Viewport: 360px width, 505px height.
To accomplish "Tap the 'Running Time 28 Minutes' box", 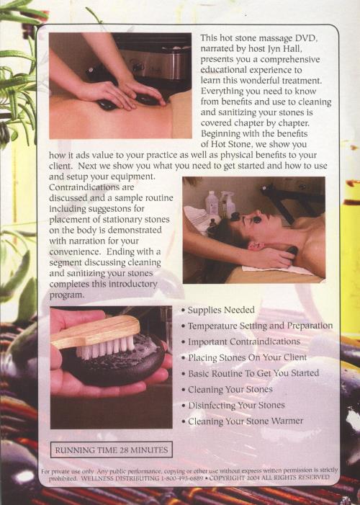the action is pyautogui.click(x=112, y=450).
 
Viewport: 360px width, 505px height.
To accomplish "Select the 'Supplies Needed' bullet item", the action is pyautogui.click(x=218, y=310).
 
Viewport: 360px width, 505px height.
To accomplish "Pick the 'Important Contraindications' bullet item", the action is pyautogui.click(x=241, y=341).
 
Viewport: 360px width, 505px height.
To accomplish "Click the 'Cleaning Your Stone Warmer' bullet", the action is pyautogui.click(x=243, y=421).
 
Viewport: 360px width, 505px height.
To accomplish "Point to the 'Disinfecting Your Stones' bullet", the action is pyautogui.click(x=233, y=405).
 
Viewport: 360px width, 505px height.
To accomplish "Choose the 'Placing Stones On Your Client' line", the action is pyautogui.click(x=244, y=357).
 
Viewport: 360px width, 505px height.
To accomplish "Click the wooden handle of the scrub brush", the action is pyautogui.click(x=96, y=331).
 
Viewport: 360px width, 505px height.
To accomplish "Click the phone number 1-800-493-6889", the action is pyautogui.click(x=182, y=478).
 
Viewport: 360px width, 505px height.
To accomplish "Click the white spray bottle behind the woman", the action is pyautogui.click(x=228, y=204).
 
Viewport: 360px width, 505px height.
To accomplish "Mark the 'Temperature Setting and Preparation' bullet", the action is pyautogui.click(x=257, y=326).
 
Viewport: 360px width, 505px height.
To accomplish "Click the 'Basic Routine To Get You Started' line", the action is pyautogui.click(x=250, y=373).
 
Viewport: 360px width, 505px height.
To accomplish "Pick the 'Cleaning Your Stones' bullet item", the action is pyautogui.click(x=228, y=390).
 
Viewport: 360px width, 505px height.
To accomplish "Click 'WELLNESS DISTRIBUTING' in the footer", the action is pyautogui.click(x=120, y=478).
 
